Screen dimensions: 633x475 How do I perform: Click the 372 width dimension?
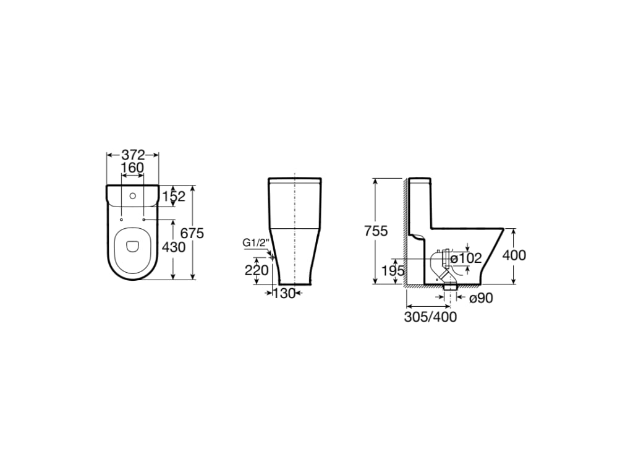pos(133,154)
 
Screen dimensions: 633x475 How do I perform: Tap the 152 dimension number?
pos(173,196)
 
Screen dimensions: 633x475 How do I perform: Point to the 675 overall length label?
pos(192,233)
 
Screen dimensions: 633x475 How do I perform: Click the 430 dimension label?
pos(173,247)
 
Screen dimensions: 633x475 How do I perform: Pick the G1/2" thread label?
pos(255,242)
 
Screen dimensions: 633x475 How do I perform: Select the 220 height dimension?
pos(257,270)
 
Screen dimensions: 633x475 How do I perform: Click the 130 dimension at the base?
pos(284,294)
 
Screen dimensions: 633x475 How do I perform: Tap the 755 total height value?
pos(376,231)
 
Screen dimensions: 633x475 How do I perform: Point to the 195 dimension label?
pos(393,271)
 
